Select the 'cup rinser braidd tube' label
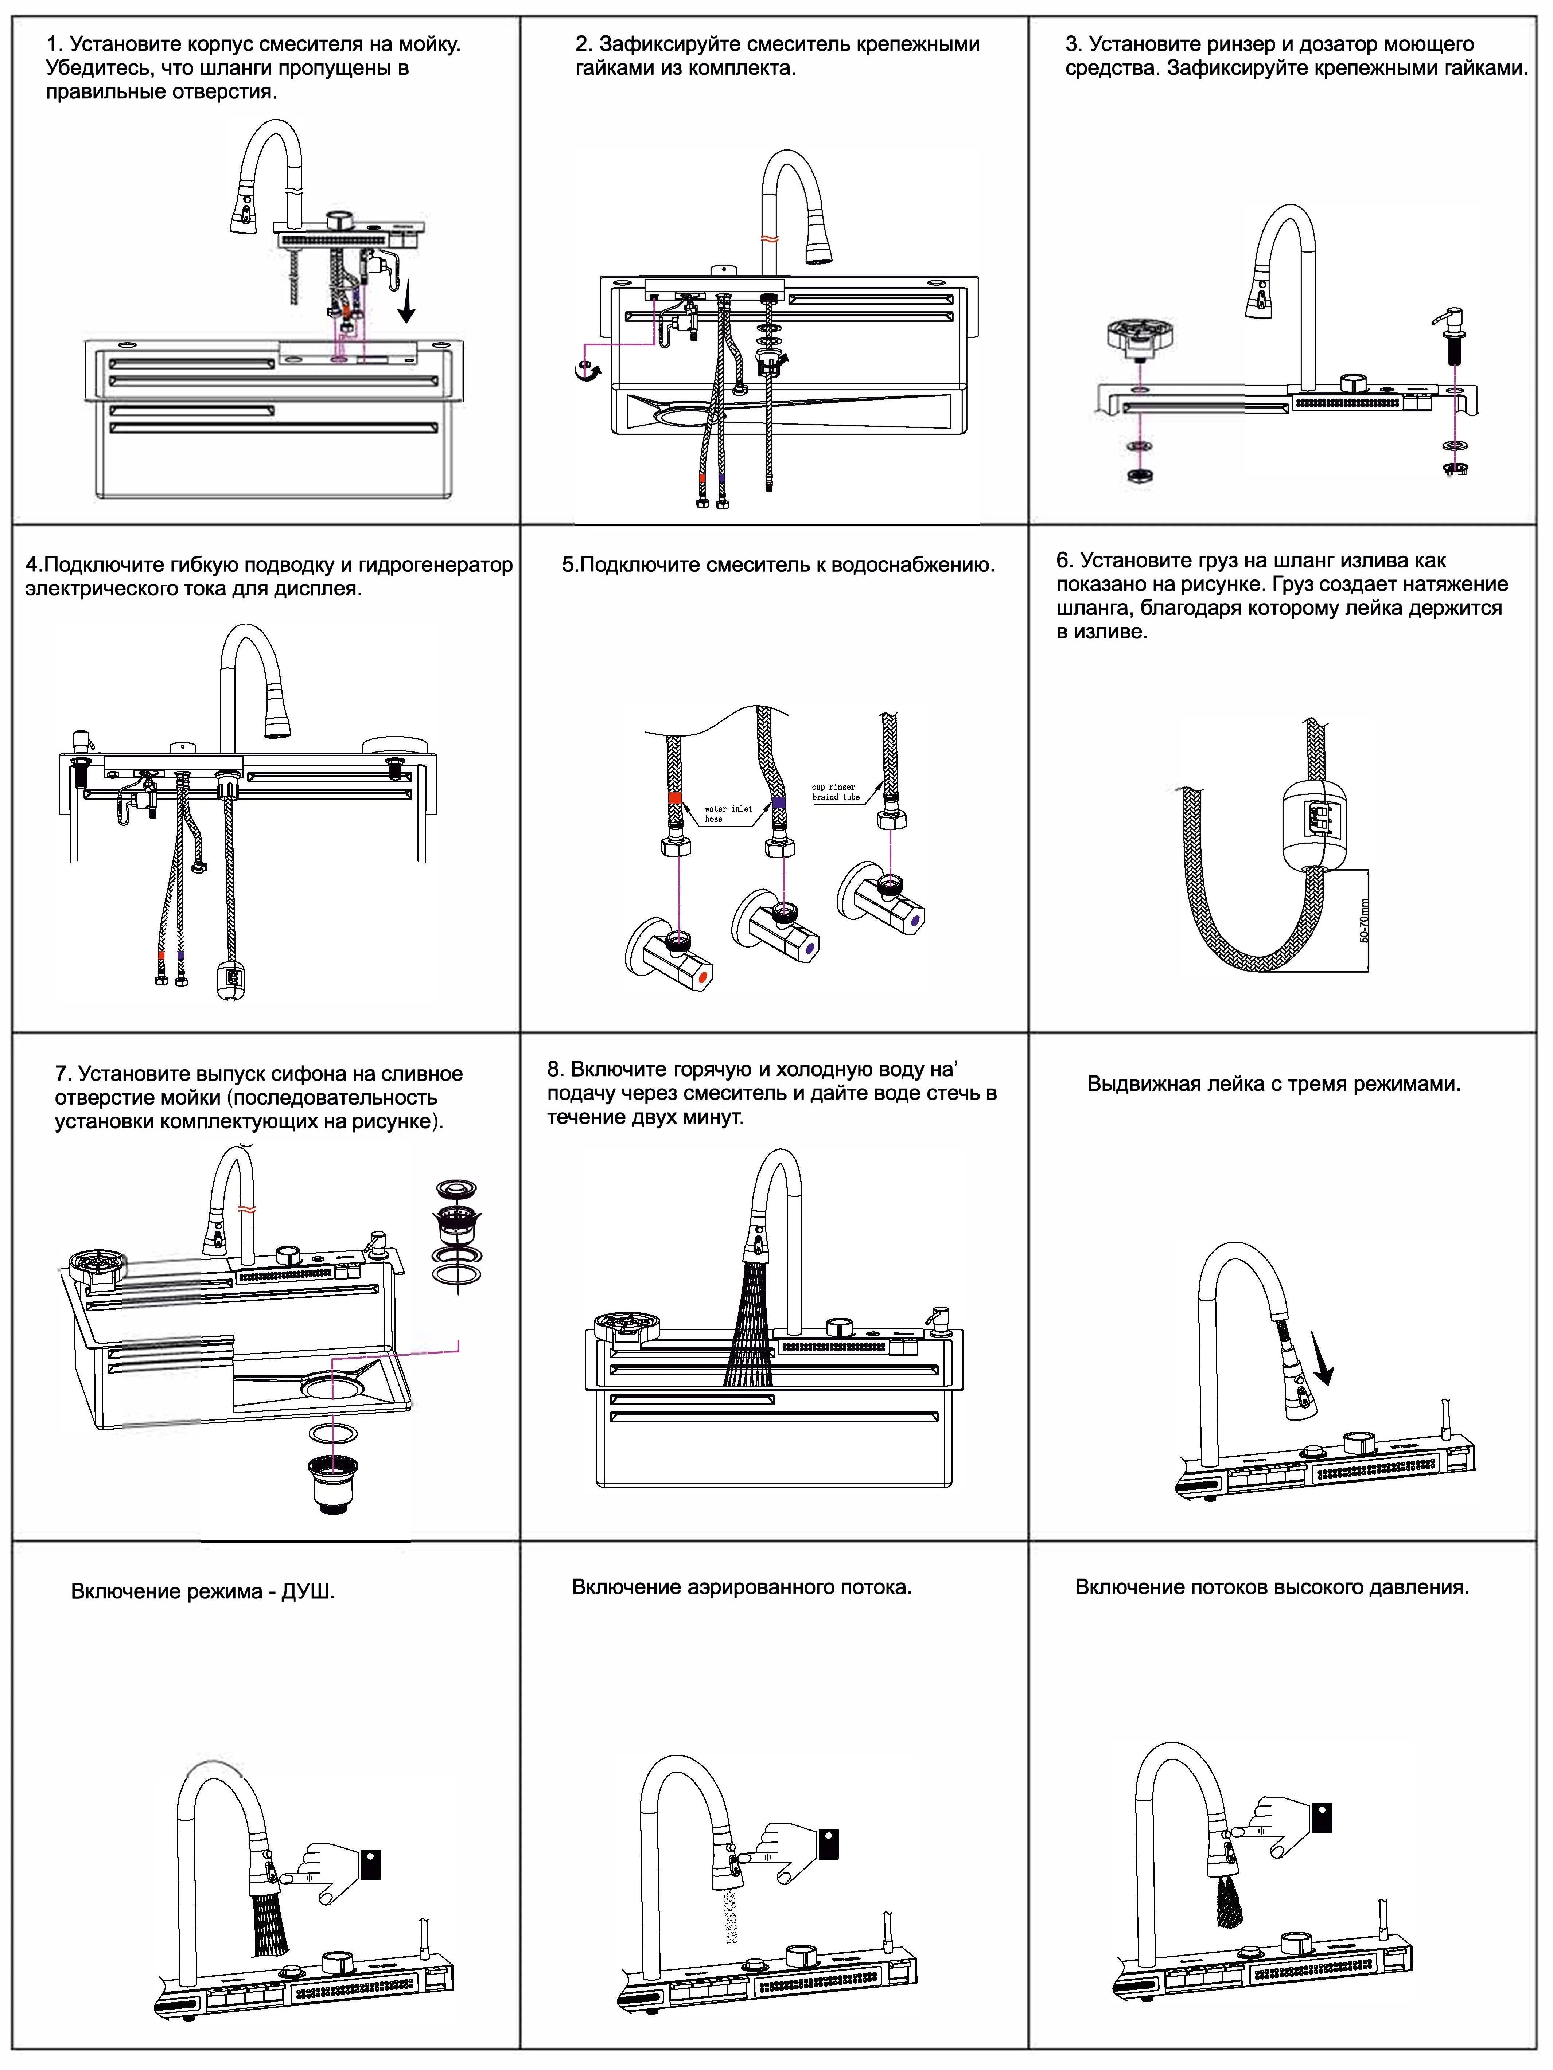[835, 792]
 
